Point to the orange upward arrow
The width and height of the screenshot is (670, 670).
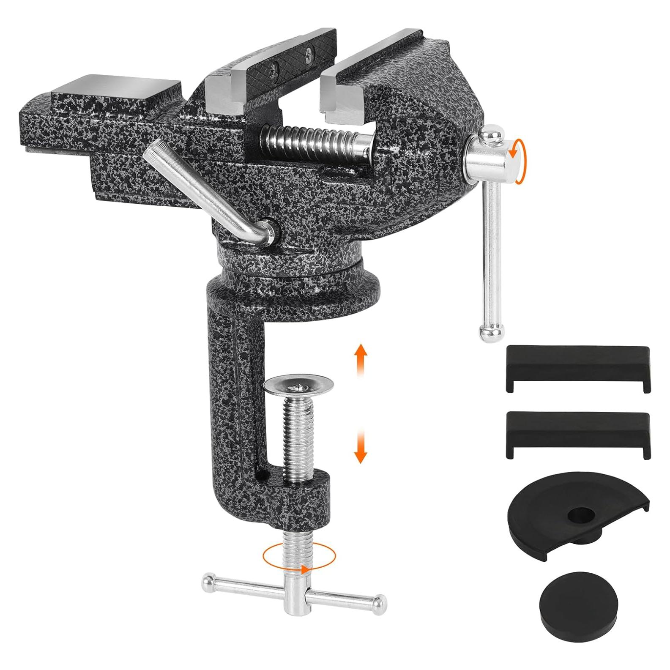360,357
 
